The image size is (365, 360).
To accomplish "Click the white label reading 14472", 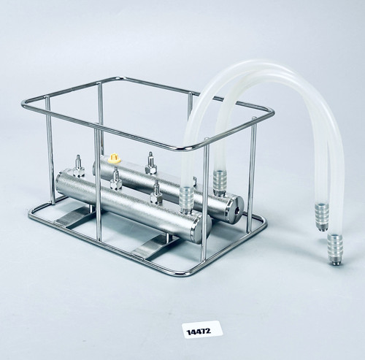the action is pyautogui.click(x=202, y=329).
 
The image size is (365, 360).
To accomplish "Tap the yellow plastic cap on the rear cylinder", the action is pyautogui.click(x=113, y=156).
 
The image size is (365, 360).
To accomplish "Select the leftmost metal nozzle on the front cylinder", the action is pyautogui.click(x=79, y=166).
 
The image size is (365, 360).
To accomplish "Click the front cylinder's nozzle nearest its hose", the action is pyautogui.click(x=156, y=192).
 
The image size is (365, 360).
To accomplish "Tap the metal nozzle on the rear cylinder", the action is pyautogui.click(x=150, y=163).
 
